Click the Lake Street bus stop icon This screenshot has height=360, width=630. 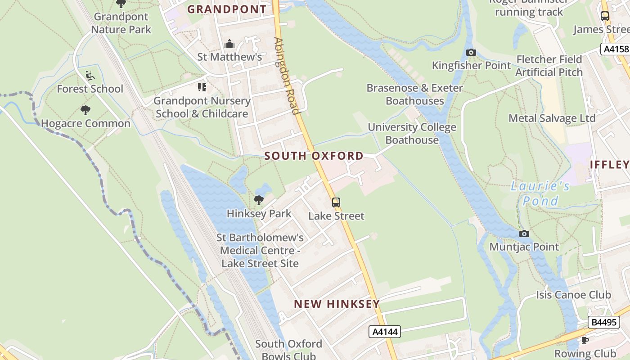coord(336,202)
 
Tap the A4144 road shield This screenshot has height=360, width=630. coord(385,332)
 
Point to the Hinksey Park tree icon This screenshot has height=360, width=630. coord(259,200)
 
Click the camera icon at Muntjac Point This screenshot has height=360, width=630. coord(524,234)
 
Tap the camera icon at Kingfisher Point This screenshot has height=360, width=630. coord(471,52)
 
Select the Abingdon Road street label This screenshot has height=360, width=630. coord(287,76)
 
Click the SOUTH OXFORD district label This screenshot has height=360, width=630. coord(314,156)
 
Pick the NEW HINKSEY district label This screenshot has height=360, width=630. coord(337,304)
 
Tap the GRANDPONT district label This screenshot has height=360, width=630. coord(227,9)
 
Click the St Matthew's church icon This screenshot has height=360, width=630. coord(229,44)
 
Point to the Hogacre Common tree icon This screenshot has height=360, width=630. coord(85,110)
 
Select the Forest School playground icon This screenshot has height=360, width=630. coord(90,75)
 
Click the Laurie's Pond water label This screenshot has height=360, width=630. coord(540,193)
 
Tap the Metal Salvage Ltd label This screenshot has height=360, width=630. coord(552,118)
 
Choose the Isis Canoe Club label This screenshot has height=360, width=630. coord(573,295)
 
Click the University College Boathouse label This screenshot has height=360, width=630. coord(412,134)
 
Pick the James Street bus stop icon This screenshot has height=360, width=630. coord(605,16)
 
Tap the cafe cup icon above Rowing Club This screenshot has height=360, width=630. coord(585,340)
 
